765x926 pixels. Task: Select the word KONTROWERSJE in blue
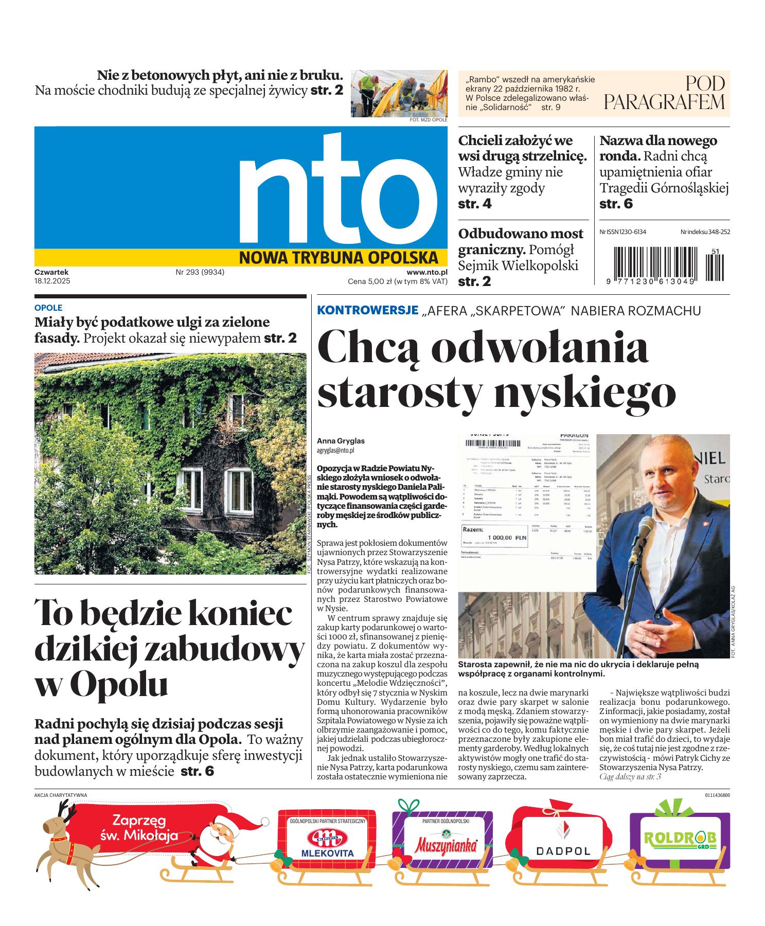pos(367,310)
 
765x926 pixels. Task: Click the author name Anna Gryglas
pos(341,441)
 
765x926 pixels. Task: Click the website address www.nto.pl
pos(426,272)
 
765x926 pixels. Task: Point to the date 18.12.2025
pos(52,281)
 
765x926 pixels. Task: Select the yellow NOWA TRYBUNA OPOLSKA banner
pos(338,257)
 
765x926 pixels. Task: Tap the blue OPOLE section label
pos(48,308)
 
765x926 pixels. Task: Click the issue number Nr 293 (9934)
pos(200,272)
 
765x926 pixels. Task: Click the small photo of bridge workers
pos(399,94)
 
